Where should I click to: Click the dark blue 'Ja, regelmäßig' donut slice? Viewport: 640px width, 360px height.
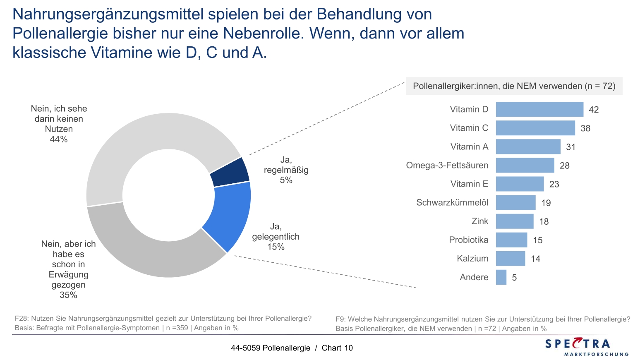[230, 173]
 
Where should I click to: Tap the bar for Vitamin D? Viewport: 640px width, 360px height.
[539, 109]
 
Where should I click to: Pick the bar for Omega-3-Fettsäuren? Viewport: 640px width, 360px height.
[525, 165]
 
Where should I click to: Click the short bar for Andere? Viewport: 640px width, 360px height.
[501, 277]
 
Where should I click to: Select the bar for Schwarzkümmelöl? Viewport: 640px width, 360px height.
[515, 203]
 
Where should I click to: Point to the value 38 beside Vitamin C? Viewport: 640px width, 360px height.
[585, 128]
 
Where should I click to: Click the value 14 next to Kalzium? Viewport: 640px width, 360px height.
[535, 259]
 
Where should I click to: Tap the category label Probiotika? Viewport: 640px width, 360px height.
[468, 240]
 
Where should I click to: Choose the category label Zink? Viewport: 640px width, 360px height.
[479, 221]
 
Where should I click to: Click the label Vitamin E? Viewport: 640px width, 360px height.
[469, 184]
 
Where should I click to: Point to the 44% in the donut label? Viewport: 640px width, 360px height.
[59, 139]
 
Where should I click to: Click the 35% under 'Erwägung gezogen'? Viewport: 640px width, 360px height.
[68, 295]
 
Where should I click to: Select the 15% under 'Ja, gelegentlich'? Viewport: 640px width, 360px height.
[276, 247]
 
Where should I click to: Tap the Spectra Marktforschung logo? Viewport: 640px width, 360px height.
[586, 347]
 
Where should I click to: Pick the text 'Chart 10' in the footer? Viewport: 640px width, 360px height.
[337, 348]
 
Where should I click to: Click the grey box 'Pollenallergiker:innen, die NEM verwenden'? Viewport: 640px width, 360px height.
[514, 86]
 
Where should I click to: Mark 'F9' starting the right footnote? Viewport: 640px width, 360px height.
[340, 319]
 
